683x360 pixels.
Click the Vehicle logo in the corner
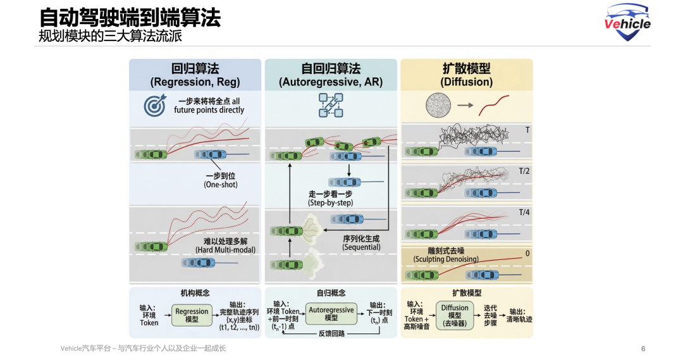tap(627, 22)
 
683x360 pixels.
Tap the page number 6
tap(643, 349)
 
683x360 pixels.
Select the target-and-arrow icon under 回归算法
tap(154, 105)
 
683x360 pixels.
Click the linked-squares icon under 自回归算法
tap(330, 105)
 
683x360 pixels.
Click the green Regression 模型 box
tap(192, 315)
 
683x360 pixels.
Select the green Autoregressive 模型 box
tap(331, 313)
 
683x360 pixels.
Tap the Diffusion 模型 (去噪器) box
tap(455, 315)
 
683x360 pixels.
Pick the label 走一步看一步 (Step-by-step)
tap(330, 199)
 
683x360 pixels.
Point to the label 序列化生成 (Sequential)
tap(361, 243)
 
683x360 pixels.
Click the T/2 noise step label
tap(524, 171)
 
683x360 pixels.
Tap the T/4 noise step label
tap(524, 212)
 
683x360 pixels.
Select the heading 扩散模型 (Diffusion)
tap(466, 75)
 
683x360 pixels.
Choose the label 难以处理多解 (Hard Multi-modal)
tap(221, 245)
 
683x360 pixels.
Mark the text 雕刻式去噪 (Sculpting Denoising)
tap(446, 255)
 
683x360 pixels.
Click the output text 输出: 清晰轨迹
tap(519, 315)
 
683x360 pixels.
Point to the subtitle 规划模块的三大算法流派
tap(110, 37)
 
